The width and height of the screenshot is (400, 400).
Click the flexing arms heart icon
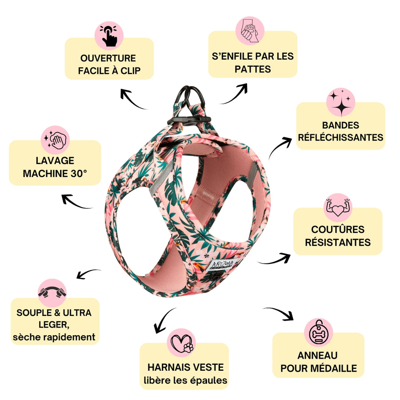click(x=338, y=207)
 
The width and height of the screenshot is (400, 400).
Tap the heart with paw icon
click(x=183, y=343)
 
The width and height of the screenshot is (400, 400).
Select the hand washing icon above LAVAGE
click(x=56, y=140)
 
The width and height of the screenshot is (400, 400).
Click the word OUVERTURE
click(x=108, y=58)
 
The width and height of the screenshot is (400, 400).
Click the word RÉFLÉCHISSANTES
click(x=341, y=137)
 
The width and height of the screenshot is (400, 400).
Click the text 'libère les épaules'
click(x=186, y=380)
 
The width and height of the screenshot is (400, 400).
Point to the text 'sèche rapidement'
click(x=54, y=337)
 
